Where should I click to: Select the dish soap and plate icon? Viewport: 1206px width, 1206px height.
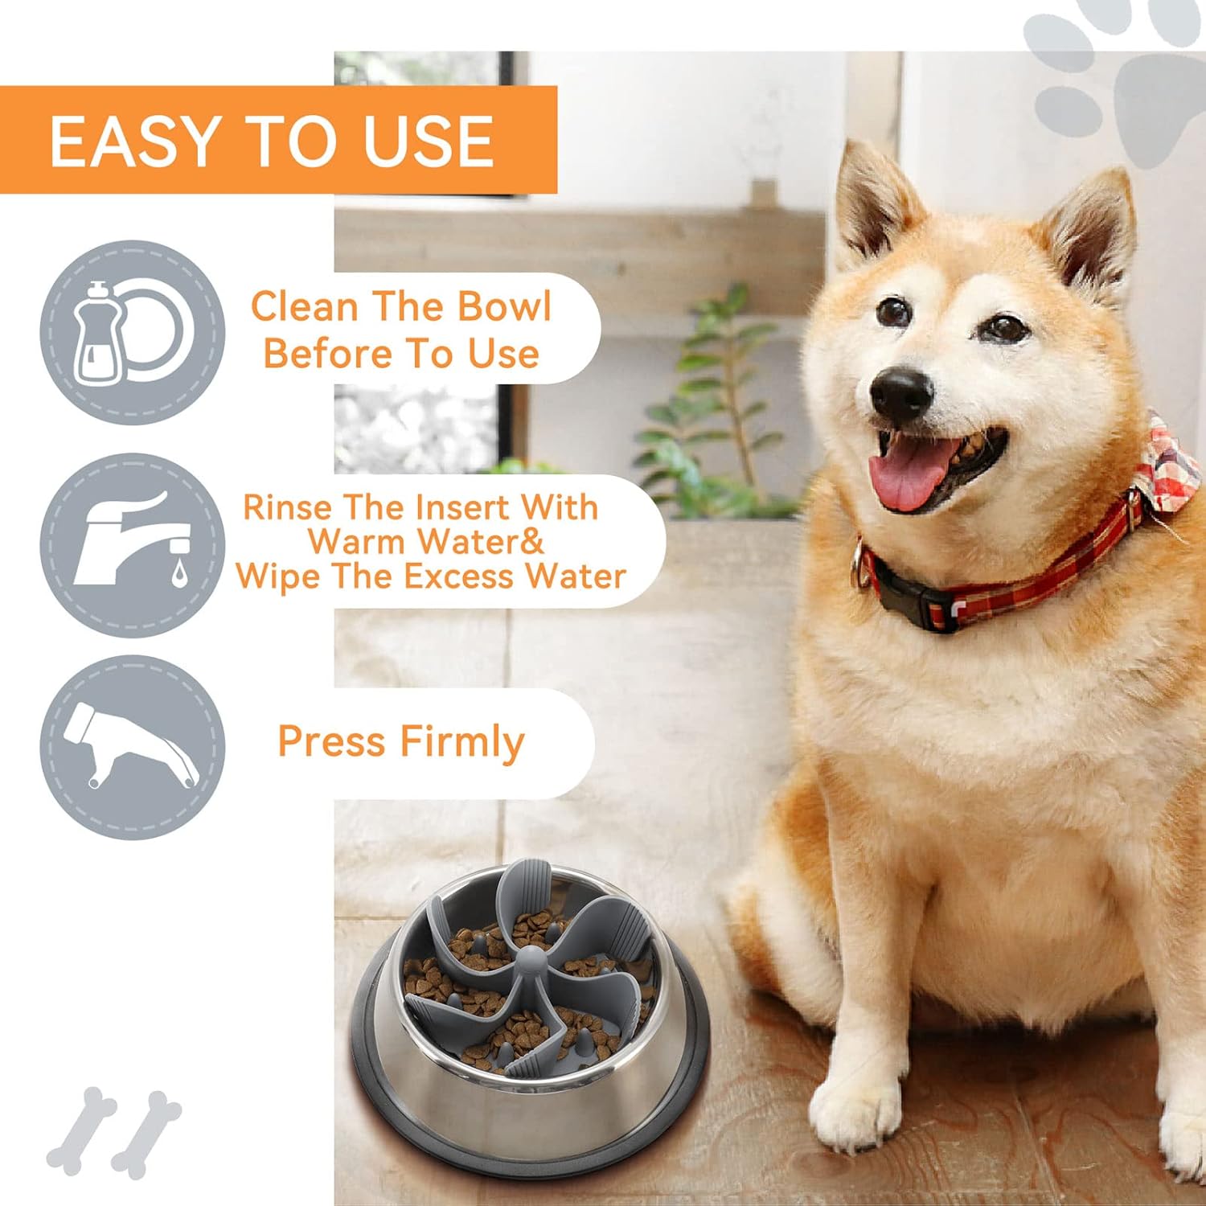click(x=133, y=332)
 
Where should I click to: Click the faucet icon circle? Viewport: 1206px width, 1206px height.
click(x=133, y=545)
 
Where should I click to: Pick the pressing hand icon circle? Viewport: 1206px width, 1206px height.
click(x=133, y=748)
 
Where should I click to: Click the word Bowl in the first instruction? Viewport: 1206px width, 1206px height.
click(x=504, y=307)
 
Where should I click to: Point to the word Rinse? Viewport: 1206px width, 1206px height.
click(x=288, y=508)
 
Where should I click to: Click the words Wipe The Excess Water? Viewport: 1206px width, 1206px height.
click(x=431, y=576)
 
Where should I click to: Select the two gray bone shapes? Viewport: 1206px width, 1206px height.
click(x=113, y=1130)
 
